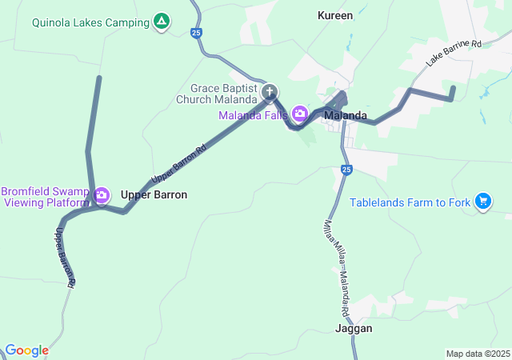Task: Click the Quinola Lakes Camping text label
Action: [90, 22]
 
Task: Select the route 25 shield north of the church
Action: [197, 33]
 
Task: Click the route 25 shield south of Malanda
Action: [346, 170]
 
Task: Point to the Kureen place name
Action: [334, 15]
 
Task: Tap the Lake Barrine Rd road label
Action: [454, 54]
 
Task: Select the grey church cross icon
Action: [270, 92]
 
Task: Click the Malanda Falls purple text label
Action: [253, 115]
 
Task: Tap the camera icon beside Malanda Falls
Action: [300, 114]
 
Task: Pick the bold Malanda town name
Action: [346, 115]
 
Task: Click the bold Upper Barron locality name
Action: [154, 194]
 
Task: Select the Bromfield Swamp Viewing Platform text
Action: [45, 197]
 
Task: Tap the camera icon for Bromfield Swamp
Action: [102, 195]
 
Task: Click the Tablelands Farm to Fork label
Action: [410, 202]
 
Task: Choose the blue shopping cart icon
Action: [483, 202]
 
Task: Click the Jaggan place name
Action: [354, 328]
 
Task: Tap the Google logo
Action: [26, 350]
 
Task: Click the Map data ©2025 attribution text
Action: [477, 354]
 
